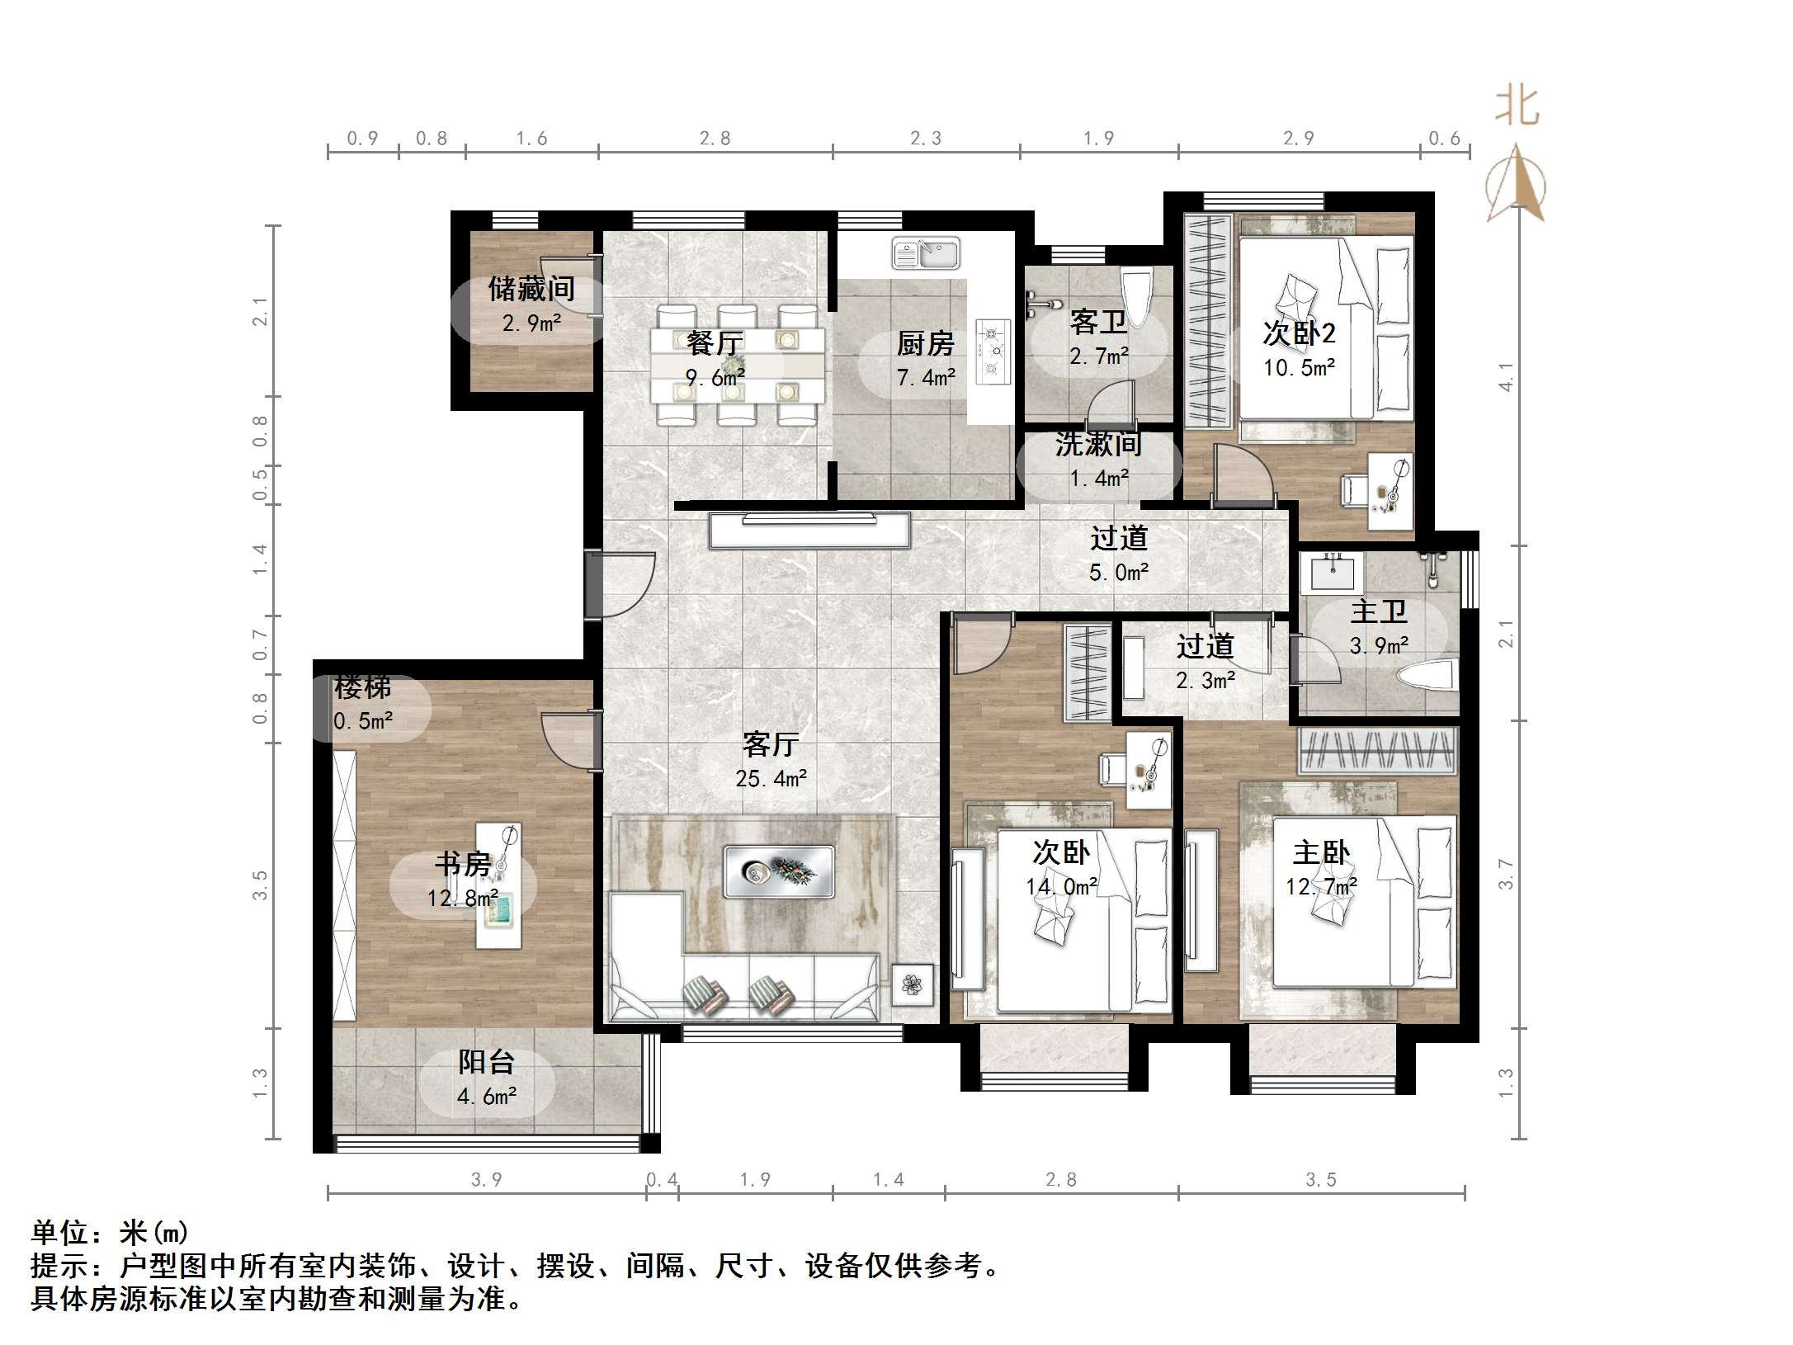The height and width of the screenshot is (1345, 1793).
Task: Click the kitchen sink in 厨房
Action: click(x=926, y=253)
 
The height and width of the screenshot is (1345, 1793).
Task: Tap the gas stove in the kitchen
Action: click(x=993, y=352)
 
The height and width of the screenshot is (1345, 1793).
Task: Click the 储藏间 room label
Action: click(x=531, y=289)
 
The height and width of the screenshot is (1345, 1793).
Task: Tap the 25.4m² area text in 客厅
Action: click(x=771, y=778)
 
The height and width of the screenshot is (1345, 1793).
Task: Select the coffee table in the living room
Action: click(x=778, y=871)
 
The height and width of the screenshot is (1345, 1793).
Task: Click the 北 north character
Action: click(x=1517, y=107)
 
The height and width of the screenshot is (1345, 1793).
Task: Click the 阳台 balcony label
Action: click(x=487, y=1062)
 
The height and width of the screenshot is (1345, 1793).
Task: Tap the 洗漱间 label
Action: click(x=1098, y=445)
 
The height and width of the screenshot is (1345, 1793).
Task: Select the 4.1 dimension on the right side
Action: click(x=1507, y=377)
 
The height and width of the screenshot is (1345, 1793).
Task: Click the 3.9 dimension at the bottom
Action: click(x=486, y=1180)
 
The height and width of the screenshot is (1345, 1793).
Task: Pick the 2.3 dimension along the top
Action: click(x=925, y=139)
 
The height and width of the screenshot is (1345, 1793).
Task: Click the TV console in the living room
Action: click(x=809, y=530)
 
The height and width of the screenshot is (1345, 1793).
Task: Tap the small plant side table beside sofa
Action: click(x=912, y=985)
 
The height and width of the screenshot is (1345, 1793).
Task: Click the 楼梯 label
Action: click(x=362, y=687)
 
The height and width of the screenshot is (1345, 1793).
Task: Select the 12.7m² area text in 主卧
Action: click(x=1321, y=887)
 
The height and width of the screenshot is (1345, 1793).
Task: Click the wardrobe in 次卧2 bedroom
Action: click(x=1208, y=319)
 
